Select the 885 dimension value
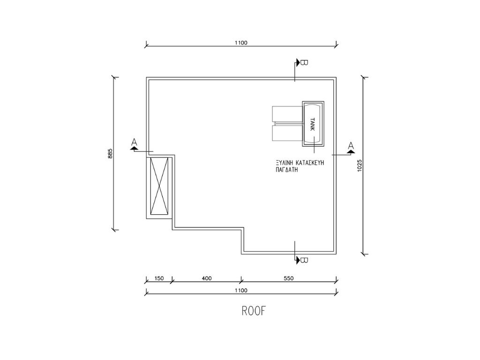110,153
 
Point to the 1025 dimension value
360,164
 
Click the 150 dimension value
159,278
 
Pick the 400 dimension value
206,278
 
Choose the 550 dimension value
288,278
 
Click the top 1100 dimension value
241,43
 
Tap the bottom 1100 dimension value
240,291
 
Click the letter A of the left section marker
135,142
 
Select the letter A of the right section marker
351,145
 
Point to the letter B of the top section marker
303,62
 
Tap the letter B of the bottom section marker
303,260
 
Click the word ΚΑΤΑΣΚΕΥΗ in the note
311,163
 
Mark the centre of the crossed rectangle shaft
159,186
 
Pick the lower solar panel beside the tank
287,134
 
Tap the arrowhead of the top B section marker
297,62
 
